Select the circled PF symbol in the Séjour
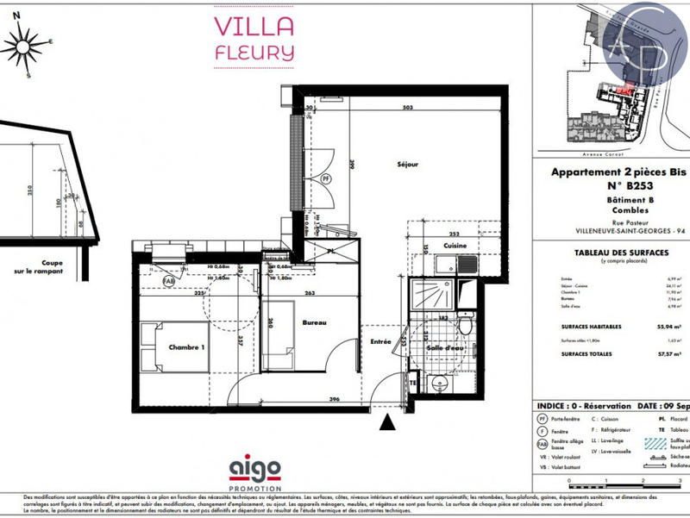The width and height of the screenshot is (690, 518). coord(326,179)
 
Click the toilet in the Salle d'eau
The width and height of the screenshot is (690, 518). coord(464,326)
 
